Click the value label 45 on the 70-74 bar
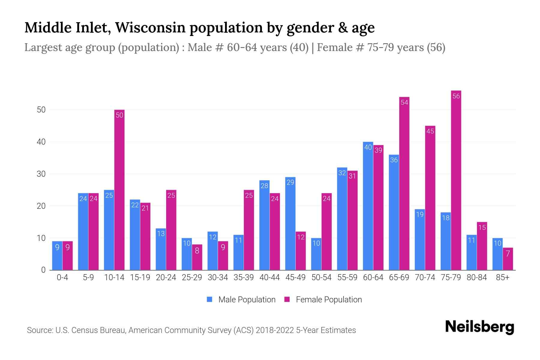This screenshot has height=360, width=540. click(430, 131)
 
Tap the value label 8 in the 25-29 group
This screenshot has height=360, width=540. click(197, 250)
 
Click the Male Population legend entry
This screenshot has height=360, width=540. click(241, 299)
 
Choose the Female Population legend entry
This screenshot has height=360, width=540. click(323, 299)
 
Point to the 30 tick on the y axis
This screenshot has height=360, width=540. click(41, 174)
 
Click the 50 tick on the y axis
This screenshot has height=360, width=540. click(41, 110)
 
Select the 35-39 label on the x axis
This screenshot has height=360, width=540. click(244, 277)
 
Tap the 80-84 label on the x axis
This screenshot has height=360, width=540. click(477, 277)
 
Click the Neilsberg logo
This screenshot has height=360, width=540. click(479, 327)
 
